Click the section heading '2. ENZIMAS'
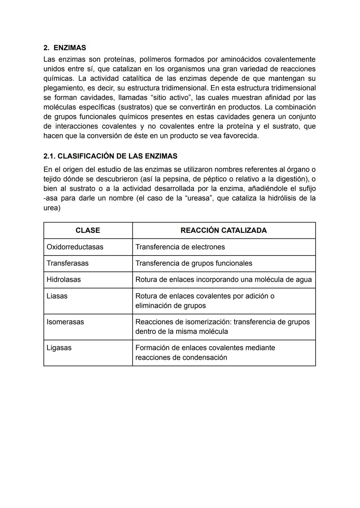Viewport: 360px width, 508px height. point(65,48)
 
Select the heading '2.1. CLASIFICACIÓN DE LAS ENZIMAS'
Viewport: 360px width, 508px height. point(110,156)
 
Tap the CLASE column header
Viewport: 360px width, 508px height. point(88,230)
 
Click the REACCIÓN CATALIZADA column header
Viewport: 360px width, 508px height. point(223,230)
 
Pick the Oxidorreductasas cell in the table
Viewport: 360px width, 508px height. point(75,247)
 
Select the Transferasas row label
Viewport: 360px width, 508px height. point(68,263)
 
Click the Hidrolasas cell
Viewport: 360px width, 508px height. point(64,279)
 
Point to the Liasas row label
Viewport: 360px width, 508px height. point(57,296)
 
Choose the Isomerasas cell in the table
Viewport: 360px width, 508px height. point(65,322)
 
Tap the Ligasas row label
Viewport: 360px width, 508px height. point(59,347)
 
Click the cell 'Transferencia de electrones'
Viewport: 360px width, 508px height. point(180,247)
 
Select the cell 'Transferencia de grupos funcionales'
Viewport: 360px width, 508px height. point(194,263)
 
